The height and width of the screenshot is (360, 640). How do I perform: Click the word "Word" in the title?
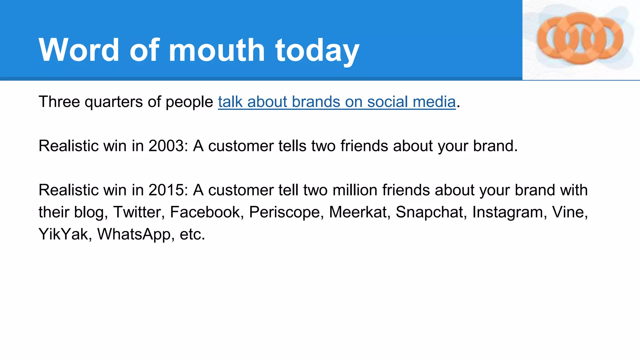(x=79, y=50)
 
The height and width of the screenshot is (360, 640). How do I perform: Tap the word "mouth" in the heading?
(x=217, y=50)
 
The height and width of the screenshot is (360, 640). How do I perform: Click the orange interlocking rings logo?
(x=580, y=39)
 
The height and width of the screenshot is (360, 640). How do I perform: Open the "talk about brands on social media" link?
(x=337, y=102)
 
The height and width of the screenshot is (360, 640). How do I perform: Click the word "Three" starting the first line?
(x=59, y=102)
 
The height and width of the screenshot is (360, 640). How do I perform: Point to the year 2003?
(x=166, y=146)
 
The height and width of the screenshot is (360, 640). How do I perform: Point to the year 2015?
(x=166, y=190)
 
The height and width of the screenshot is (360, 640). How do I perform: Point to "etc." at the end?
(x=192, y=234)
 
